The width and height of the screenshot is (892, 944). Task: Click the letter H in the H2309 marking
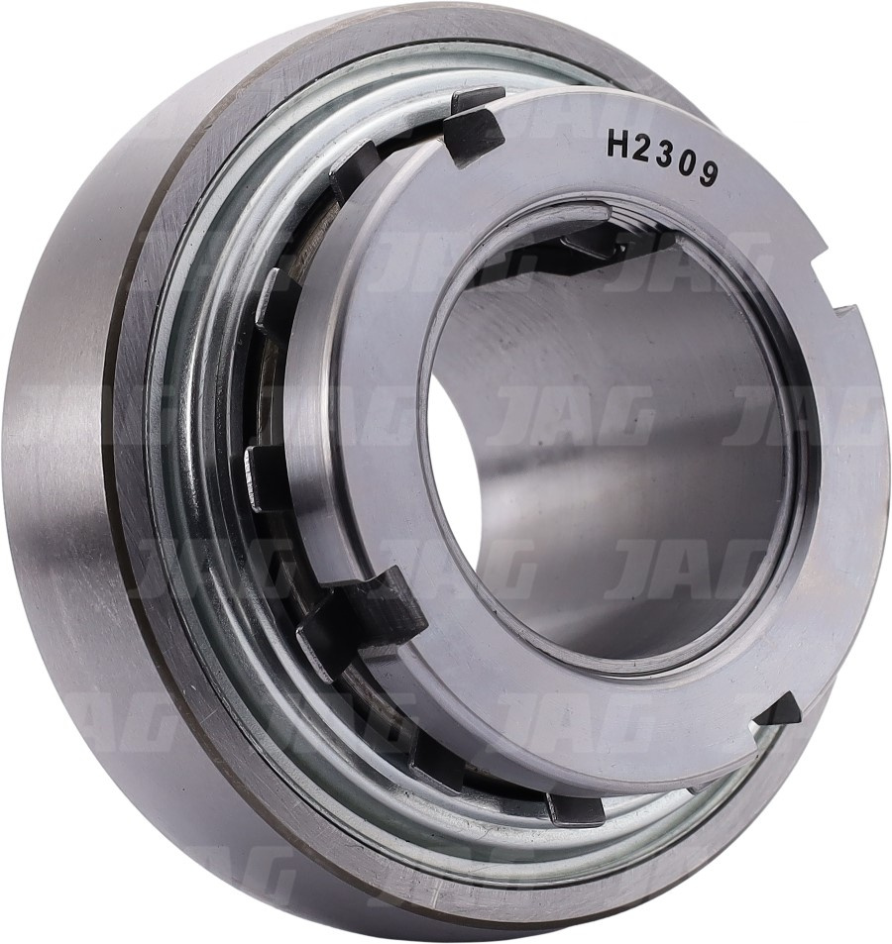click(x=618, y=144)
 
